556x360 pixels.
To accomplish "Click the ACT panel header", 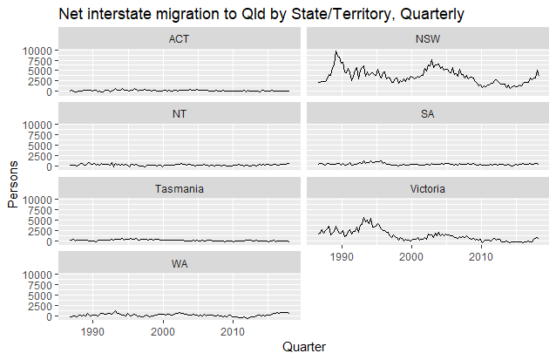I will coord(180,38).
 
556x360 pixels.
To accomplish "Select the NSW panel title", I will coord(428,38).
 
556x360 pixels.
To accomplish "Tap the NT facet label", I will coord(180,113).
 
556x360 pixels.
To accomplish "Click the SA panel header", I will coord(428,113).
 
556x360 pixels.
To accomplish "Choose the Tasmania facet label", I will coord(180,188).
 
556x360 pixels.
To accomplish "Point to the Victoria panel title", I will coord(428,188).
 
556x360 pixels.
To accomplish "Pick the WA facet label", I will coord(180,263).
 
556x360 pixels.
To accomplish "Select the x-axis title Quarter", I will coord(304,348).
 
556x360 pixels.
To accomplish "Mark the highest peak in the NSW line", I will coord(336,51).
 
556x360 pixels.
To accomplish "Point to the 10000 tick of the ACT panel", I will coord(38,51).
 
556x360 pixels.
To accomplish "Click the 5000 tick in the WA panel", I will coord(44,295).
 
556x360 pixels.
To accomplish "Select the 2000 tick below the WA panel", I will coord(163,331).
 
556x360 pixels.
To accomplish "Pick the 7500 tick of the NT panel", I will coord(44,135).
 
